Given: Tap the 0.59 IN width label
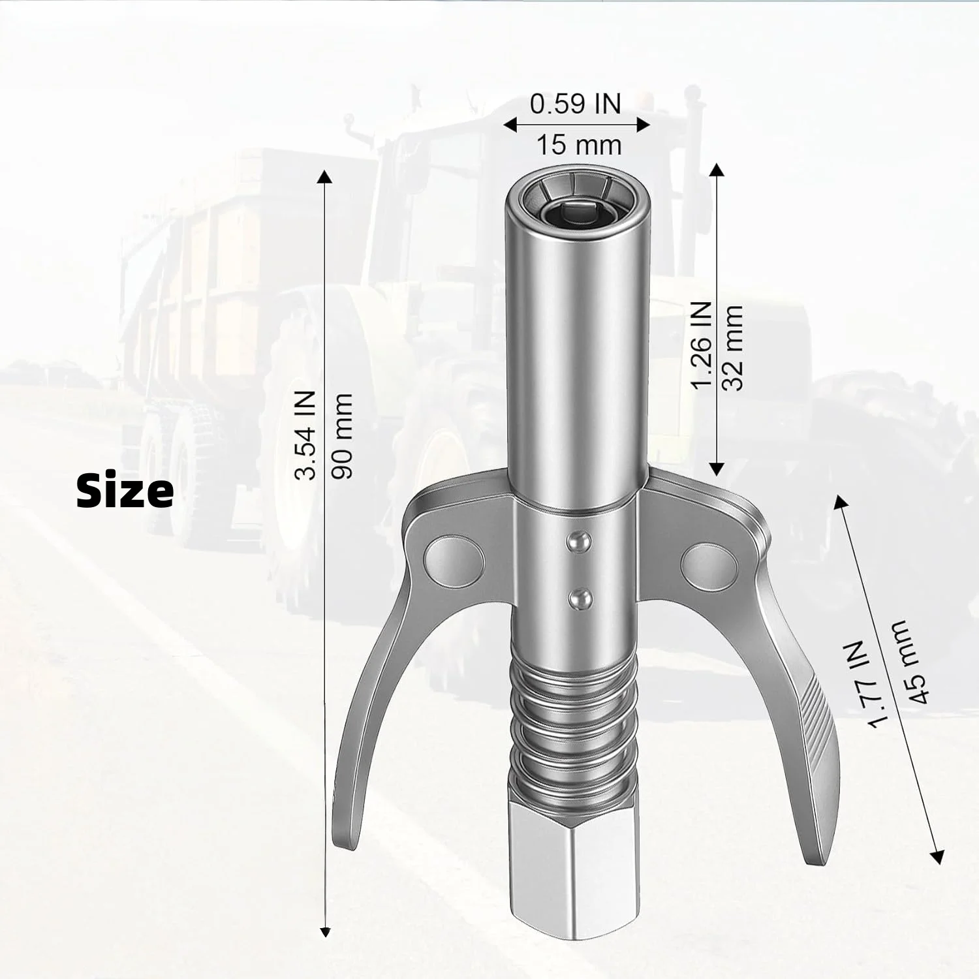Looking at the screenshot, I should point(575,104).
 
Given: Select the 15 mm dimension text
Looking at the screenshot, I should point(579,145).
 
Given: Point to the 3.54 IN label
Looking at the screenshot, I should point(305,435).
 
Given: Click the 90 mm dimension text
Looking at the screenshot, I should point(342,435).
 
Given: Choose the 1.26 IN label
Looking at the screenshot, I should point(700,345).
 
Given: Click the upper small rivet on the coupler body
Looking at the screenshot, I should point(578,541).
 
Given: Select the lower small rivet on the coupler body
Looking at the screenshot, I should point(578,597).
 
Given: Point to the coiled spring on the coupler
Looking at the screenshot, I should point(572,718).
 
